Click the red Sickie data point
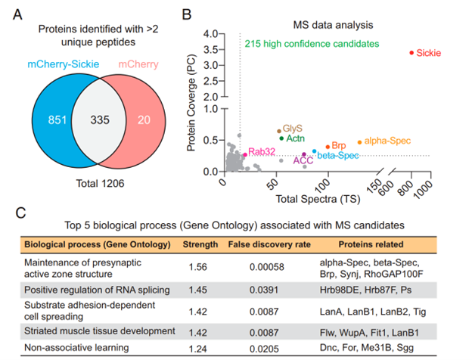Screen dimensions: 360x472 tap(411, 53)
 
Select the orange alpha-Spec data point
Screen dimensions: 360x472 tap(359, 141)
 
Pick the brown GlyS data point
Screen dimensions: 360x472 tap(279, 131)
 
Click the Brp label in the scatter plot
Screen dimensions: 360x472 tap(338, 144)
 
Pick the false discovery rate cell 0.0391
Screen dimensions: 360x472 tap(259, 290)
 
